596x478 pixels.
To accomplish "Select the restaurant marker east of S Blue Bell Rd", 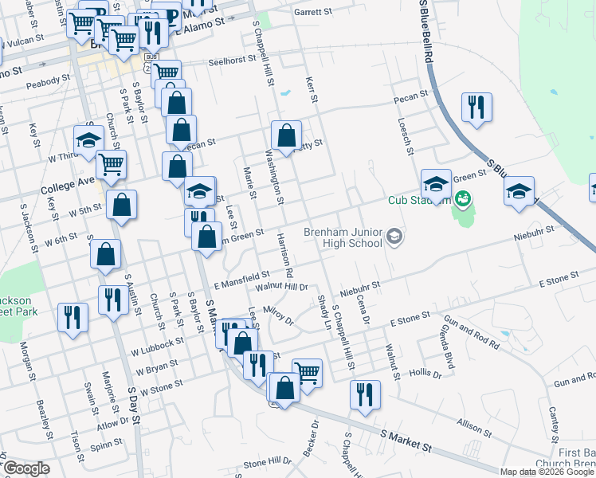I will pyautogui.click(x=476, y=107).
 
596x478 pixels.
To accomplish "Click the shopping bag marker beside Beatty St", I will pyautogui.click(x=286, y=135).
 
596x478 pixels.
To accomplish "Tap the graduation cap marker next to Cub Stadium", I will pyautogui.click(x=436, y=184).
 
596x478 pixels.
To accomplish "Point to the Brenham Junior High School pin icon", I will pyautogui.click(x=394, y=237).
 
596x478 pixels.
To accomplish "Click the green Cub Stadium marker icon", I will pyautogui.click(x=460, y=198).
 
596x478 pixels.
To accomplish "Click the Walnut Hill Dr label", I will pyautogui.click(x=280, y=286).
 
